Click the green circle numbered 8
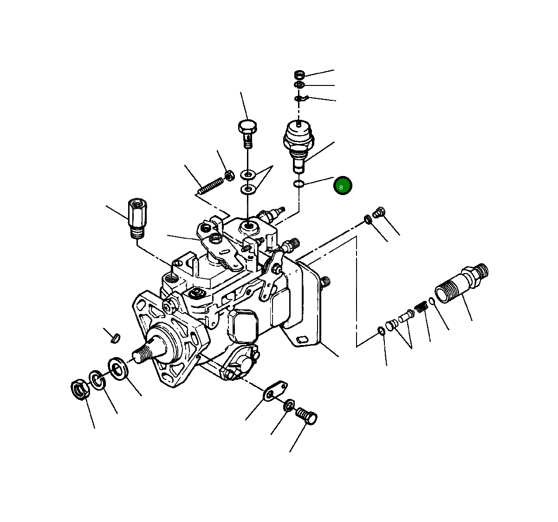coord(343,186)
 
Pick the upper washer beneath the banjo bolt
coord(248,175)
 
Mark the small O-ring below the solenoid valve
coord(299,185)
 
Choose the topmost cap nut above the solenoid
coord(300,74)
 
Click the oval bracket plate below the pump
coord(275,391)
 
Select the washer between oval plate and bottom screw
coord(289,405)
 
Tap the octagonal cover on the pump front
coord(244,325)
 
